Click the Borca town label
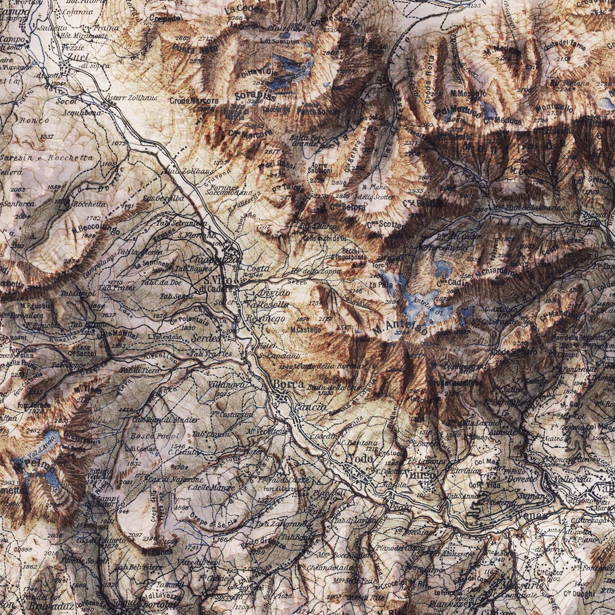click(288, 385)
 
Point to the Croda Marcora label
click(194, 101)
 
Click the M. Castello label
click(305, 330)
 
